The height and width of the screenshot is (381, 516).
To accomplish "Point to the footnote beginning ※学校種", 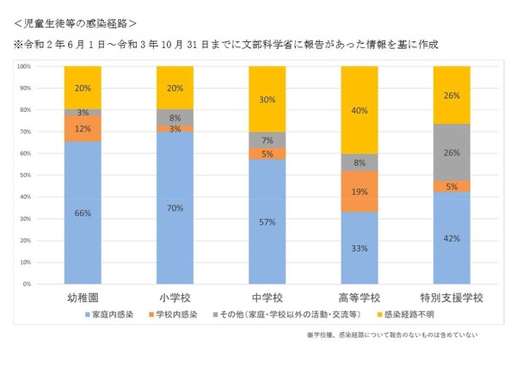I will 391,335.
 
